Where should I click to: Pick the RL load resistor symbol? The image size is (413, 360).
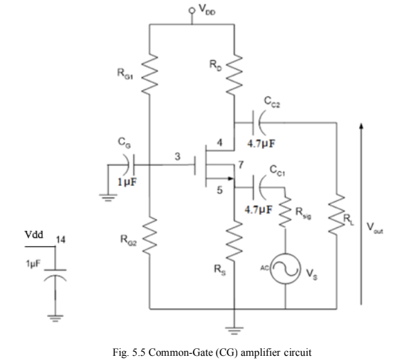coord(337,214)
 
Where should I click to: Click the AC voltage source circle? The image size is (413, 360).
coord(285,267)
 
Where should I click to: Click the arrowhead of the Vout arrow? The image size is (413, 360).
coord(360,126)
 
